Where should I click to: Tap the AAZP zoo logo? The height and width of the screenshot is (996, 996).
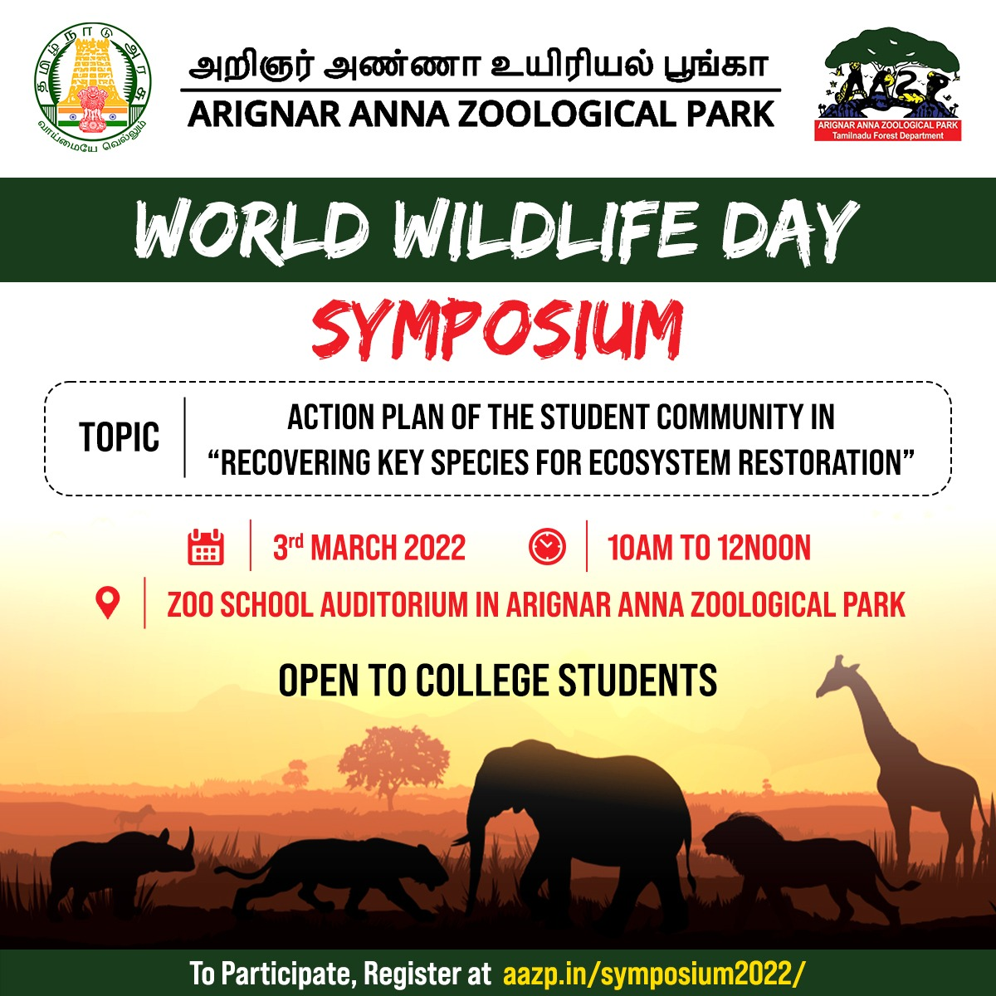888,85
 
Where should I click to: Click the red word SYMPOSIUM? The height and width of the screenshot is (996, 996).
498,330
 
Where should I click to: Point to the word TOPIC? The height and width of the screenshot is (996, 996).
120,437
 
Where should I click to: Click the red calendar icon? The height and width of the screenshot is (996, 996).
206,546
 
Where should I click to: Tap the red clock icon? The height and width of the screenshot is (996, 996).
547,546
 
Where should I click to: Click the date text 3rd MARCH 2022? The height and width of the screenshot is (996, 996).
369,547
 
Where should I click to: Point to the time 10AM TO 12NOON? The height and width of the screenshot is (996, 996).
709,547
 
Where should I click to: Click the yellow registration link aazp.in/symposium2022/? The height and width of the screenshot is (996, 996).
654,974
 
